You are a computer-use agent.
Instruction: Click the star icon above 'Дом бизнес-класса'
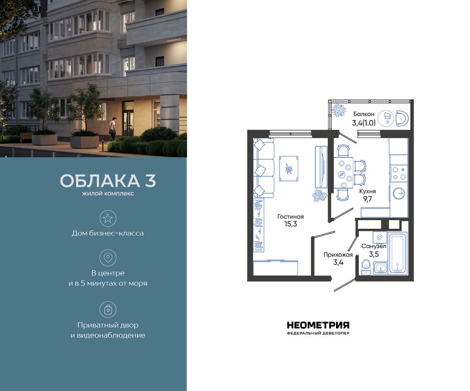click(108, 218)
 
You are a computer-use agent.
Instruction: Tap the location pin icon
click(108, 258)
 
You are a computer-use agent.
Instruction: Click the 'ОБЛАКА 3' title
click(108, 181)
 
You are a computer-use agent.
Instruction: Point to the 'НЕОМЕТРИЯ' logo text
click(318, 325)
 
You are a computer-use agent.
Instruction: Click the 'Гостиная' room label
click(290, 217)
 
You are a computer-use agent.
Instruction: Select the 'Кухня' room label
click(367, 191)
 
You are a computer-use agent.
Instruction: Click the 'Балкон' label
click(364, 114)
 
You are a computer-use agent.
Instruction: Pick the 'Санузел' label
click(373, 246)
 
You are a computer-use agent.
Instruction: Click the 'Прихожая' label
click(338, 255)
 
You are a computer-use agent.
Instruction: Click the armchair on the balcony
click(401, 119)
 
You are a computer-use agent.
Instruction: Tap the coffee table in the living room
click(288, 168)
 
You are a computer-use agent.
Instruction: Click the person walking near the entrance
click(113, 127)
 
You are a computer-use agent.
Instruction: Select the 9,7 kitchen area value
click(367, 199)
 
